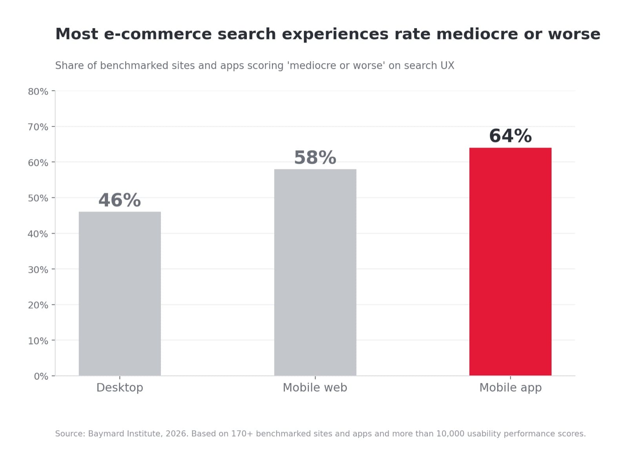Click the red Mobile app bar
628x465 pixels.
click(510, 261)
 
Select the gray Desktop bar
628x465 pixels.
click(120, 294)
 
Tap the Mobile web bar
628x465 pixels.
click(315, 272)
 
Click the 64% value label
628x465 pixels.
click(510, 136)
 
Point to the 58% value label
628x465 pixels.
click(315, 157)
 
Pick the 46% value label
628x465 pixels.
click(119, 200)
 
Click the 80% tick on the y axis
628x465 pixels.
click(38, 92)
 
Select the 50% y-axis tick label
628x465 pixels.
click(38, 198)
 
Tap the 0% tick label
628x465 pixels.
click(41, 376)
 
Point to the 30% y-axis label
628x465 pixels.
click(38, 270)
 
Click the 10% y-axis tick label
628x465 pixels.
click(38, 341)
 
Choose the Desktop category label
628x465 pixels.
click(120, 388)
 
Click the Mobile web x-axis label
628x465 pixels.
click(315, 387)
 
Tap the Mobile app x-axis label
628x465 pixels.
click(510, 388)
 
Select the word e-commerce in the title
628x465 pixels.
click(158, 34)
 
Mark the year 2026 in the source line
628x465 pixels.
click(177, 434)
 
